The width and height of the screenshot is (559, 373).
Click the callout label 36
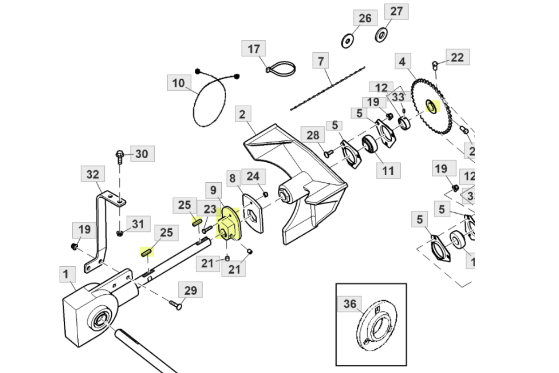350,304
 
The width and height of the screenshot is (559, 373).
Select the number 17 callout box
253,49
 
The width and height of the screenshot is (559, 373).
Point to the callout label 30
142,153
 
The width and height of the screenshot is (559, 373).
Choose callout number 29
191,291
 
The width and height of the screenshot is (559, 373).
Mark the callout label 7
320,61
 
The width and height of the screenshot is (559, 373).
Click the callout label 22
457,57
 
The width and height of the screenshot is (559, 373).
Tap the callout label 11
389,171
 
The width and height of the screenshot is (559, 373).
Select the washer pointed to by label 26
347,41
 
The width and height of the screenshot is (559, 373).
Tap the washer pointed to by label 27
381,34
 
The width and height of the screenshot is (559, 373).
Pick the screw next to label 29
174,305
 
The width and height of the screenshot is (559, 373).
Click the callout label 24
253,176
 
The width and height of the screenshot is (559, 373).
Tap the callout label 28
313,136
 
